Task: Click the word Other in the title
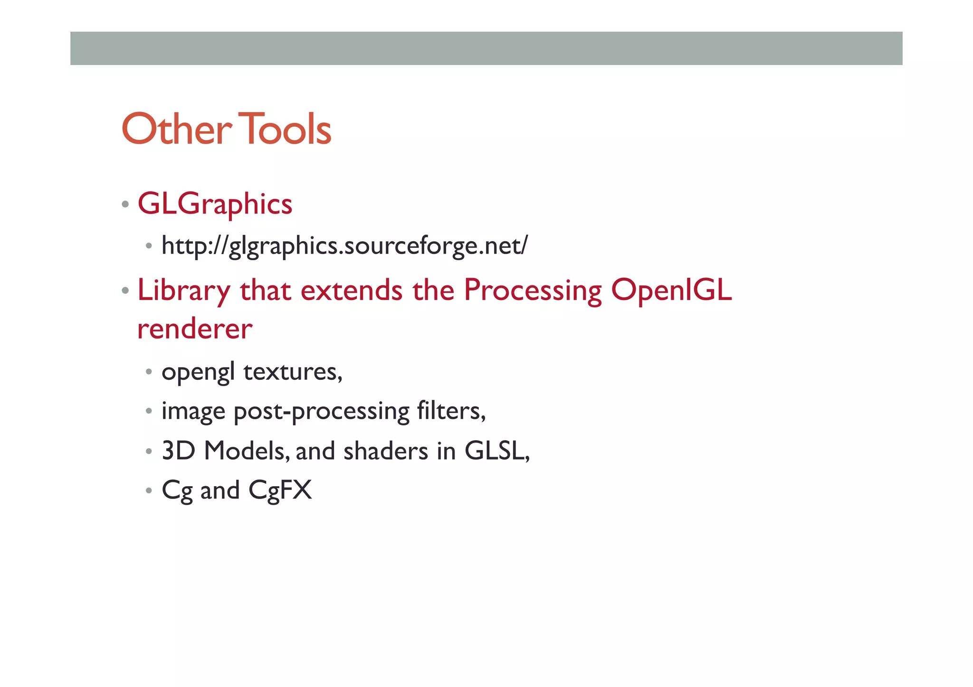click(x=176, y=129)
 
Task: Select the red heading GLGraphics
click(x=215, y=205)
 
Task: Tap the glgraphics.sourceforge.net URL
click(x=344, y=246)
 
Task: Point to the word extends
click(x=352, y=291)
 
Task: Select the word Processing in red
click(x=533, y=291)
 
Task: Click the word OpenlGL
click(x=671, y=291)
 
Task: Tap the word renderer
click(x=195, y=329)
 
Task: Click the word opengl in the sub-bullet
click(x=198, y=372)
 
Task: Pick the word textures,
click(x=293, y=372)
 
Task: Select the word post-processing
click(x=321, y=411)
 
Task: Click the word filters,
click(x=451, y=411)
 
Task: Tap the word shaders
click(x=386, y=451)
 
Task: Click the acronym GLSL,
click(x=497, y=451)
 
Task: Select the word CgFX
click(x=280, y=490)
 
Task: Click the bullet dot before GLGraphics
click(x=125, y=205)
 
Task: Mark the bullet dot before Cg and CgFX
click(x=149, y=490)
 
